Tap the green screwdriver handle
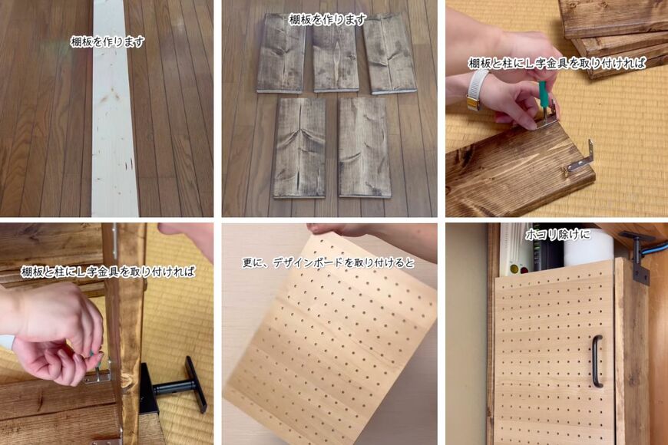click(x=543, y=94)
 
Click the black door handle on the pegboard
click(x=597, y=361)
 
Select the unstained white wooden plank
click(x=114, y=108)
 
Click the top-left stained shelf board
click(x=281, y=53)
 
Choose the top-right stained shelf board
click(x=389, y=53)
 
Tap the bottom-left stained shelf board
click(x=299, y=148)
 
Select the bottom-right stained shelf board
click(x=364, y=148)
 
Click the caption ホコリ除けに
click(x=557, y=234)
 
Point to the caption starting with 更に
click(x=328, y=262)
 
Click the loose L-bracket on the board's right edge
click(x=580, y=158)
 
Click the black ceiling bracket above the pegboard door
click(x=638, y=256)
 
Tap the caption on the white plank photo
click(x=107, y=41)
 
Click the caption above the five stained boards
click(x=327, y=20)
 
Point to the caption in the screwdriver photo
click(x=557, y=63)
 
